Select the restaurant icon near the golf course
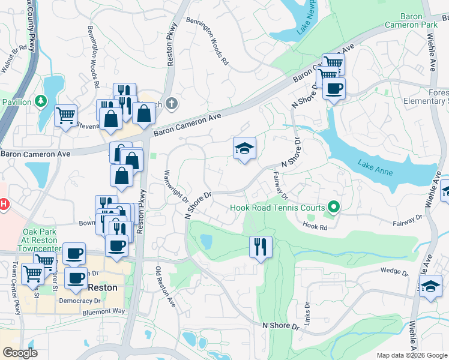point(261,246)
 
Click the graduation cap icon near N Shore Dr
point(244,148)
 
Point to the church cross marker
point(172,104)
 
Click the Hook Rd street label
point(315,227)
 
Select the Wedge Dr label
point(394,271)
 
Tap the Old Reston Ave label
point(166,288)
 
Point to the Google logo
point(20,353)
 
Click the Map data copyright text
point(411,355)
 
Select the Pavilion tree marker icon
point(41,101)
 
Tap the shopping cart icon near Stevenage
point(65,115)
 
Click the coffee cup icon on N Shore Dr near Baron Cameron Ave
point(334,89)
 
